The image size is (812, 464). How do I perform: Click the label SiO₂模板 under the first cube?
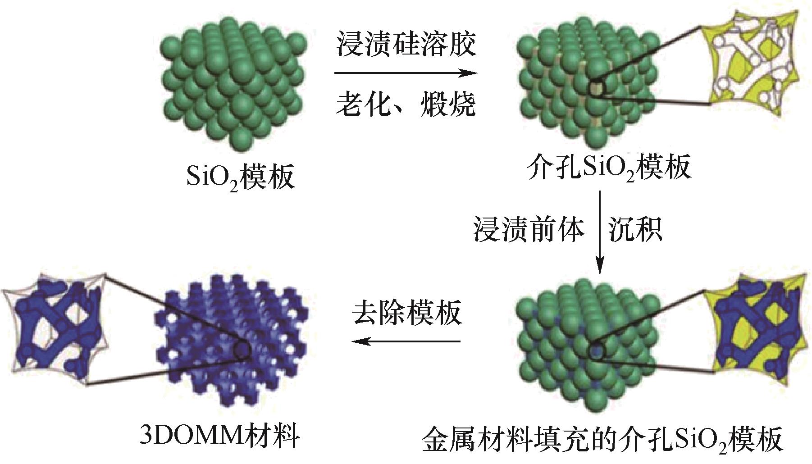240,177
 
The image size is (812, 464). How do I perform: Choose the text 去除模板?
407,312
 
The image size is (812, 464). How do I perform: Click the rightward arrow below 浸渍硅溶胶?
406,73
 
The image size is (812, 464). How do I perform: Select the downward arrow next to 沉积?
600,232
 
